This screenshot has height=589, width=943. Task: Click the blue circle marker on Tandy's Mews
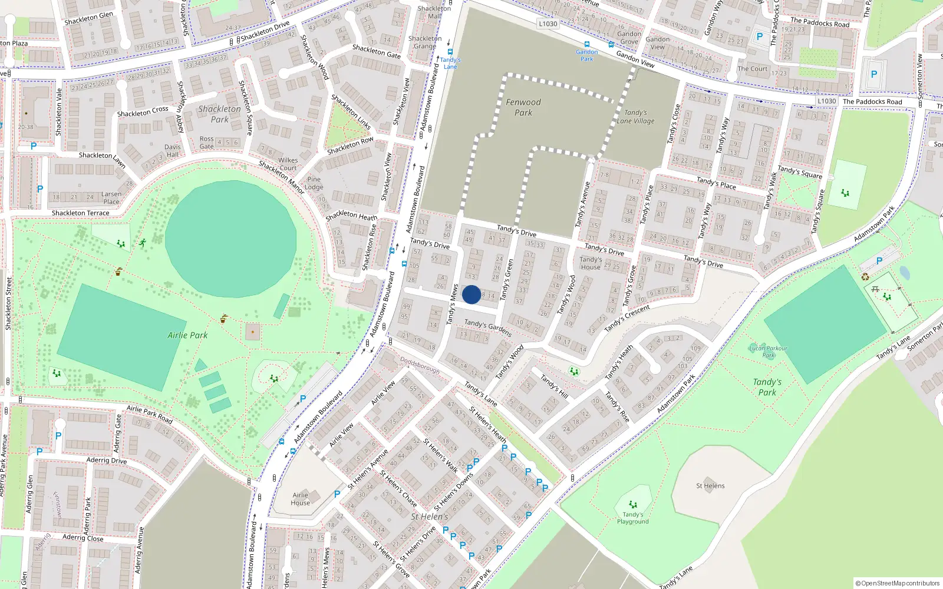pyautogui.click(x=471, y=294)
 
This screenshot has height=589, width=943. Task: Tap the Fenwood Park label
pyautogui.click(x=523, y=107)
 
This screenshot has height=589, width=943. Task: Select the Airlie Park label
pyautogui.click(x=187, y=335)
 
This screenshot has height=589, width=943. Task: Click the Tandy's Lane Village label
pyautogui.click(x=635, y=117)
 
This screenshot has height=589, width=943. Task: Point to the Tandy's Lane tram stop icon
pyautogui.click(x=450, y=52)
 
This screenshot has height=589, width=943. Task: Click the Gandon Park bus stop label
pyautogui.click(x=586, y=55)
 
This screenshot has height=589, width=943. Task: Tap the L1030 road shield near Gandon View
pyautogui.click(x=548, y=24)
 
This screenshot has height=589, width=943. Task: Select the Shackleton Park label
pyautogui.click(x=219, y=114)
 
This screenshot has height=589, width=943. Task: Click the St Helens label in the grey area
pyautogui.click(x=710, y=486)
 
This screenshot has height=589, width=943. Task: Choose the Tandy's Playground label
pyautogui.click(x=632, y=518)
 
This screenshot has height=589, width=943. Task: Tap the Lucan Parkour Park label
pyautogui.click(x=768, y=352)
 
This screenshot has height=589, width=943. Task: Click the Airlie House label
pyautogui.click(x=300, y=499)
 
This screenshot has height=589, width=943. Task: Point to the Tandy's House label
pyautogui.click(x=591, y=263)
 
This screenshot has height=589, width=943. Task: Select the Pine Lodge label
pyautogui.click(x=314, y=183)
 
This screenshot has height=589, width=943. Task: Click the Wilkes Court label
pyautogui.click(x=288, y=164)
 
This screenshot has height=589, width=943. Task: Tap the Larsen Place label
pyautogui.click(x=111, y=197)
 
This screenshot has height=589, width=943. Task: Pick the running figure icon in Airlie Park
pyautogui.click(x=142, y=242)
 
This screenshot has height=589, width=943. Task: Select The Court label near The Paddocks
pyautogui.click(x=752, y=69)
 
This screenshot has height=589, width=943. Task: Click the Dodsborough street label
pyautogui.click(x=420, y=365)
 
